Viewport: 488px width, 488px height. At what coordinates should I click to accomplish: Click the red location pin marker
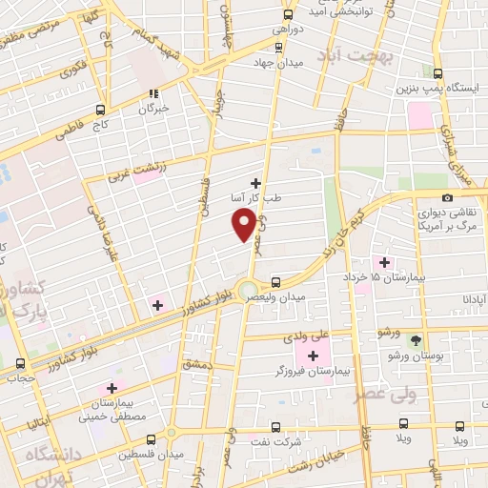tap(244, 224)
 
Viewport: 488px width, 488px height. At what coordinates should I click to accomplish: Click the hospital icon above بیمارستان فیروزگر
tap(313, 355)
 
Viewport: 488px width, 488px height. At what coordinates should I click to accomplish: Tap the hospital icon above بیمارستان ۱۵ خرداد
tap(385, 262)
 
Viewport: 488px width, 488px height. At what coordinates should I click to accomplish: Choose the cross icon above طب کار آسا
tap(255, 182)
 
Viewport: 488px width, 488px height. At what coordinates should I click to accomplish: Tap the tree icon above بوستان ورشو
tap(415, 339)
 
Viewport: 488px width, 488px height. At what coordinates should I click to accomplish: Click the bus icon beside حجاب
tap(21, 363)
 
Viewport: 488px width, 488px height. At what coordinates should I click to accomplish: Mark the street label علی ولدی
tap(305, 336)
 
